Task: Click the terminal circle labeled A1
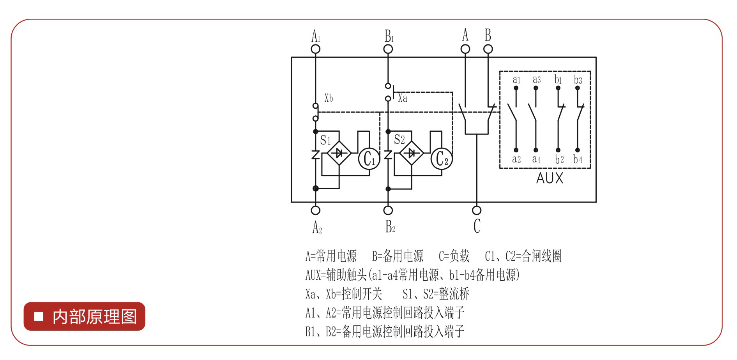pyautogui.click(x=316, y=49)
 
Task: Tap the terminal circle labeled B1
pyautogui.click(x=388, y=49)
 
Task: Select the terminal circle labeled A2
pyautogui.click(x=316, y=210)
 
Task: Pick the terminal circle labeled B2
pyautogui.click(x=388, y=210)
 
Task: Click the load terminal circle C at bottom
pyautogui.click(x=477, y=210)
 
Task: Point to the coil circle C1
pyautogui.click(x=369, y=159)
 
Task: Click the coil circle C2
pyautogui.click(x=442, y=159)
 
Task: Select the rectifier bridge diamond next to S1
pyautogui.click(x=339, y=153)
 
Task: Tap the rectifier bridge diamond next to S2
pyautogui.click(x=412, y=153)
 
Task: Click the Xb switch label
pyautogui.click(x=329, y=98)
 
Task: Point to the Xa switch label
pyautogui.click(x=403, y=98)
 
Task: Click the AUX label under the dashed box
pyautogui.click(x=550, y=178)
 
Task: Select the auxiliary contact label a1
pyautogui.click(x=516, y=80)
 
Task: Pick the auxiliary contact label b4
pyautogui.click(x=578, y=159)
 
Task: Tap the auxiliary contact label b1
pyautogui.click(x=558, y=80)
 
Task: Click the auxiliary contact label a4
pyautogui.click(x=536, y=159)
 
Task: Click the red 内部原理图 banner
pyautogui.click(x=85, y=316)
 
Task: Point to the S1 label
pyautogui.click(x=325, y=140)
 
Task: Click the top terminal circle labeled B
pyautogui.click(x=488, y=49)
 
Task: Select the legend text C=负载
pyautogui.click(x=454, y=256)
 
